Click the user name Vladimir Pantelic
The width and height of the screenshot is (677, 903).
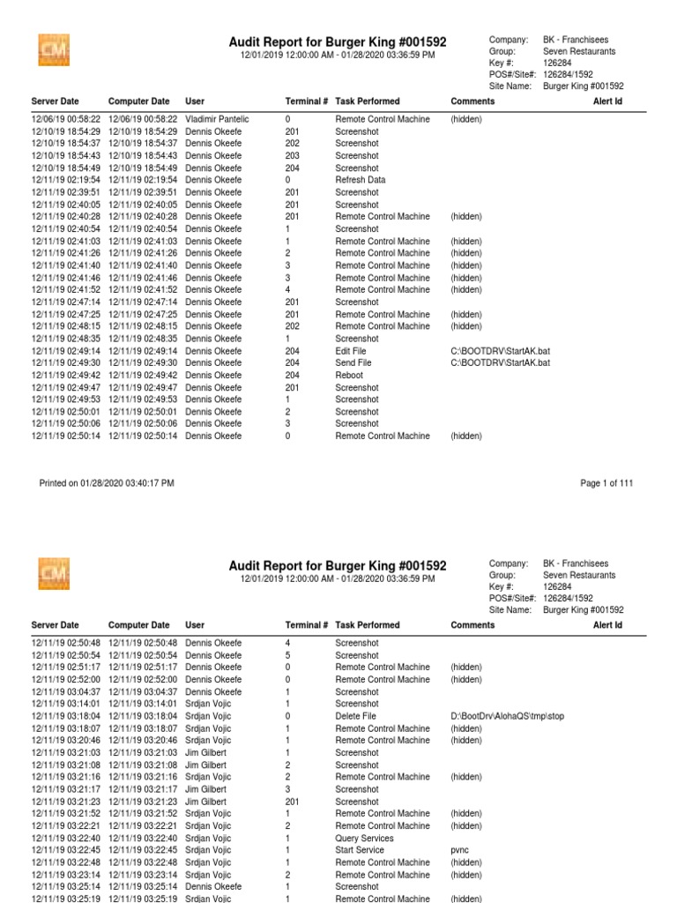[217, 119]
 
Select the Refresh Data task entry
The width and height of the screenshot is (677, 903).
[360, 180]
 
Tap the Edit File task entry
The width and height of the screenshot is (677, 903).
[350, 351]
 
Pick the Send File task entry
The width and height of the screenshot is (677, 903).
[353, 362]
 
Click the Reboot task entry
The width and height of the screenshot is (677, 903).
[348, 375]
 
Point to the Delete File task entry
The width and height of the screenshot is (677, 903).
[355, 717]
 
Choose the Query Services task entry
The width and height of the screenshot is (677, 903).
[364, 839]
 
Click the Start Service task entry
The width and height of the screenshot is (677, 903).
[360, 850]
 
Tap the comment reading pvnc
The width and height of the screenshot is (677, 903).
[460, 850]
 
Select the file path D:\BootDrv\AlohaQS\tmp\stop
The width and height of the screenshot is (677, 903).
[507, 717]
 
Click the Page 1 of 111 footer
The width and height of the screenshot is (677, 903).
[606, 483]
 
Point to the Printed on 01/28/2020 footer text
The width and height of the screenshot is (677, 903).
[107, 483]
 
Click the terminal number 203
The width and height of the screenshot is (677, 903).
[293, 155]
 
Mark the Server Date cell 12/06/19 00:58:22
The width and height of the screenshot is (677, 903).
[66, 119]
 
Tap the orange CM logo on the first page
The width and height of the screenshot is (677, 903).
[54, 51]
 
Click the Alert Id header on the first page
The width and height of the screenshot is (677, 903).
[607, 101]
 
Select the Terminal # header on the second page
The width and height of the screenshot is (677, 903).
[306, 625]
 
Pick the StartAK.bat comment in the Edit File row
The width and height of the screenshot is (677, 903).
[500, 351]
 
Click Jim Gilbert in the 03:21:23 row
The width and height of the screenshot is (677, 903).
[208, 802]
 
